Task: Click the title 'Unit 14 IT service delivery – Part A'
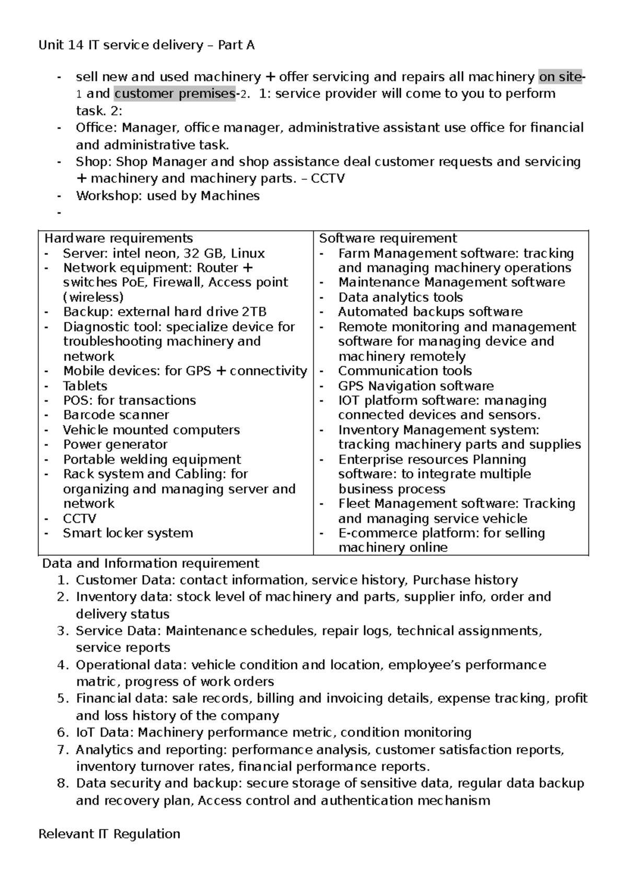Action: [146, 45]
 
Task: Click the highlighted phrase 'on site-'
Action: [561, 77]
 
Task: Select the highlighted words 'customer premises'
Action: [174, 94]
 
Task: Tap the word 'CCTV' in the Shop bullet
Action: [328, 179]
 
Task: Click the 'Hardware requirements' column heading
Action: [119, 238]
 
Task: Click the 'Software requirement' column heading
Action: [388, 238]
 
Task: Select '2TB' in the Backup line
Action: [254, 312]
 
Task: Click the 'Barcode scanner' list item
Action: [116, 415]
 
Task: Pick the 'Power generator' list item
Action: [115, 445]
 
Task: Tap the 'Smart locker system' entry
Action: [128, 533]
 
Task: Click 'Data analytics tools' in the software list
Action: [400, 297]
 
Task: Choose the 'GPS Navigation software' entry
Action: [415, 386]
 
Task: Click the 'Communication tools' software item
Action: [404, 371]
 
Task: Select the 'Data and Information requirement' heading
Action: [150, 563]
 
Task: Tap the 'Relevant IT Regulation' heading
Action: [109, 834]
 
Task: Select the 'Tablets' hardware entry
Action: [85, 386]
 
